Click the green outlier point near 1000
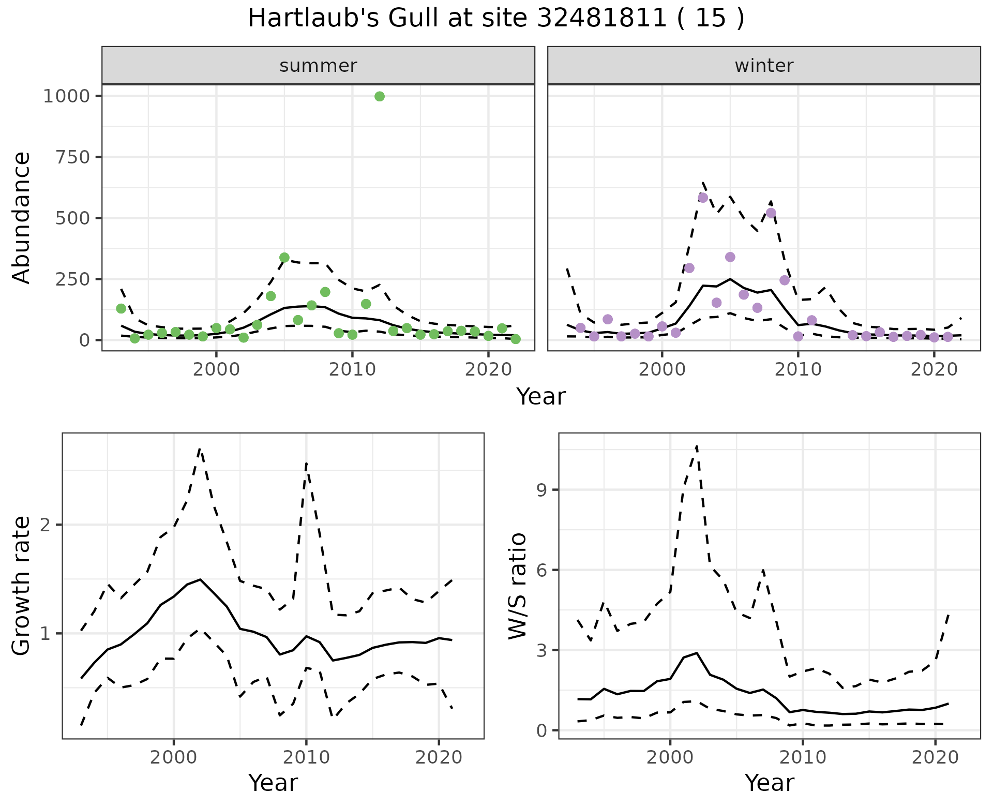pos(379,96)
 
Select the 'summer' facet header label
pos(318,66)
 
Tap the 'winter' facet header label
pos(764,66)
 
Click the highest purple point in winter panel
pos(702,198)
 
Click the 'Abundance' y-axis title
pos(22,217)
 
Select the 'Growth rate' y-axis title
pos(22,586)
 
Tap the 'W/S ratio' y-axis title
pos(518,586)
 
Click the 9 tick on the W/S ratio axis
pos(542,490)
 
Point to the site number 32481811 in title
pos(601,19)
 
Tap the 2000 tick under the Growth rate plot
pos(174,757)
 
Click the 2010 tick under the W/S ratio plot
pos(803,757)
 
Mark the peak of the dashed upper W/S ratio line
pos(697,445)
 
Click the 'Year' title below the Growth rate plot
pos(273,783)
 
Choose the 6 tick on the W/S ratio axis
pos(542,570)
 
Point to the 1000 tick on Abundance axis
pos(66,96)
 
